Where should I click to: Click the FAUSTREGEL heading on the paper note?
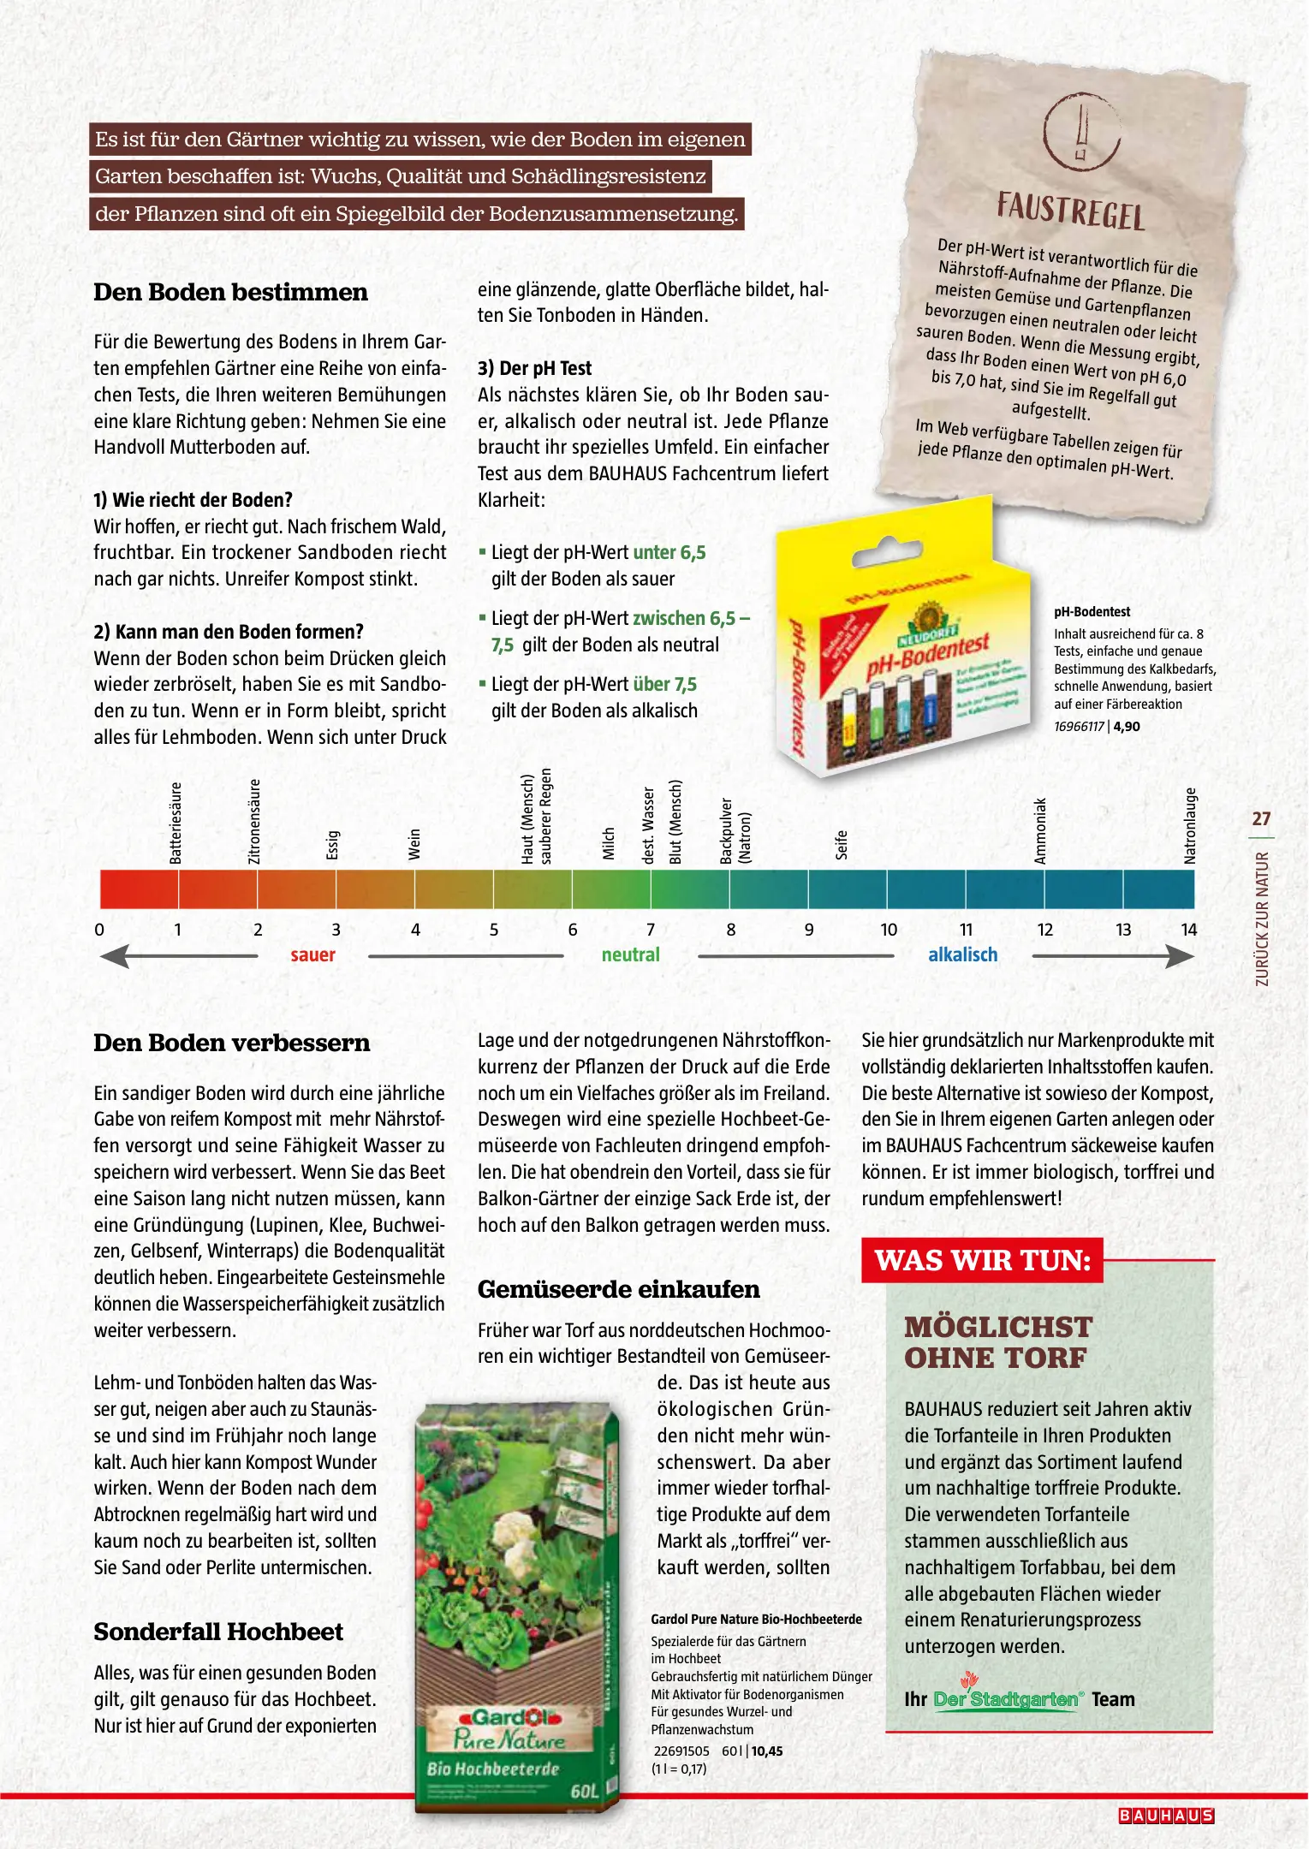tap(1070, 210)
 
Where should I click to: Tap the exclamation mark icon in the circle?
tap(1081, 130)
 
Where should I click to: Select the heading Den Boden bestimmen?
tap(230, 292)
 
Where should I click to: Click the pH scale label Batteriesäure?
tap(176, 823)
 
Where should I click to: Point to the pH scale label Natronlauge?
tap(1189, 825)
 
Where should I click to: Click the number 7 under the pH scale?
tap(651, 930)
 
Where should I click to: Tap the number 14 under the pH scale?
tap(1188, 930)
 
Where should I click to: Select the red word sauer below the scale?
tap(312, 955)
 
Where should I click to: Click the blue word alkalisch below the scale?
tap(962, 955)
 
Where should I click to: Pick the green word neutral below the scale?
tap(630, 955)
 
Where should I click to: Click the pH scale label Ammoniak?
tap(1040, 830)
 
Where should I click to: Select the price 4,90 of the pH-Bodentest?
tap(1127, 727)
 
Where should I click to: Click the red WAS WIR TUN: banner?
tap(982, 1261)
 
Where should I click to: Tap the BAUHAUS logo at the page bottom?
tap(1166, 1816)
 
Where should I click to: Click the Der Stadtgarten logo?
tap(1007, 1699)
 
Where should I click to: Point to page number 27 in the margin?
tap(1261, 819)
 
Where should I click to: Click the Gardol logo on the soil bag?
tap(507, 1717)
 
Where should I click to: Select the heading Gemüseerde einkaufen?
tap(618, 1290)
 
